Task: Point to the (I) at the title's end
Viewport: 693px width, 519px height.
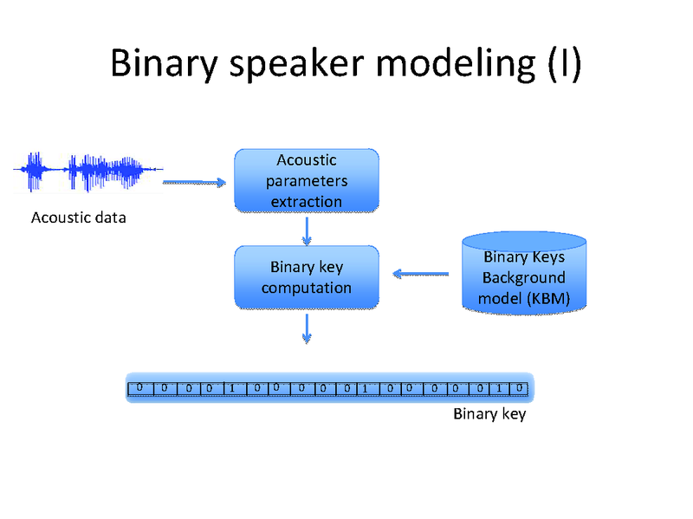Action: [564, 63]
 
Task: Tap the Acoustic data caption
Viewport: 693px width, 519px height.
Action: [78, 217]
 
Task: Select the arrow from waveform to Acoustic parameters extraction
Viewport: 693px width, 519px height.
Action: [194, 182]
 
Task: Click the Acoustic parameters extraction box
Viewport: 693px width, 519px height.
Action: [307, 180]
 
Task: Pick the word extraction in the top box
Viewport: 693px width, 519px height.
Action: [307, 202]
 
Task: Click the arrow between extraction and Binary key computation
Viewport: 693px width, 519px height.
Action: [307, 230]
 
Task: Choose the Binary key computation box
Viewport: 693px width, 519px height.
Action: [307, 277]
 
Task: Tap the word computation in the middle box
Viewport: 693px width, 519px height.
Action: [307, 288]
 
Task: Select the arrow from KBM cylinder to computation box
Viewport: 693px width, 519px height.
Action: [421, 275]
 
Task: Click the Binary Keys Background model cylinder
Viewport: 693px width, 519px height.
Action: [524, 274]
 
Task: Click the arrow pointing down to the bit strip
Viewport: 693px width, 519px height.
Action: [307, 327]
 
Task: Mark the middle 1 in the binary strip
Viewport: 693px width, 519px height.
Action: [365, 387]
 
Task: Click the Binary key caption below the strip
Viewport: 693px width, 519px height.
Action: [489, 414]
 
